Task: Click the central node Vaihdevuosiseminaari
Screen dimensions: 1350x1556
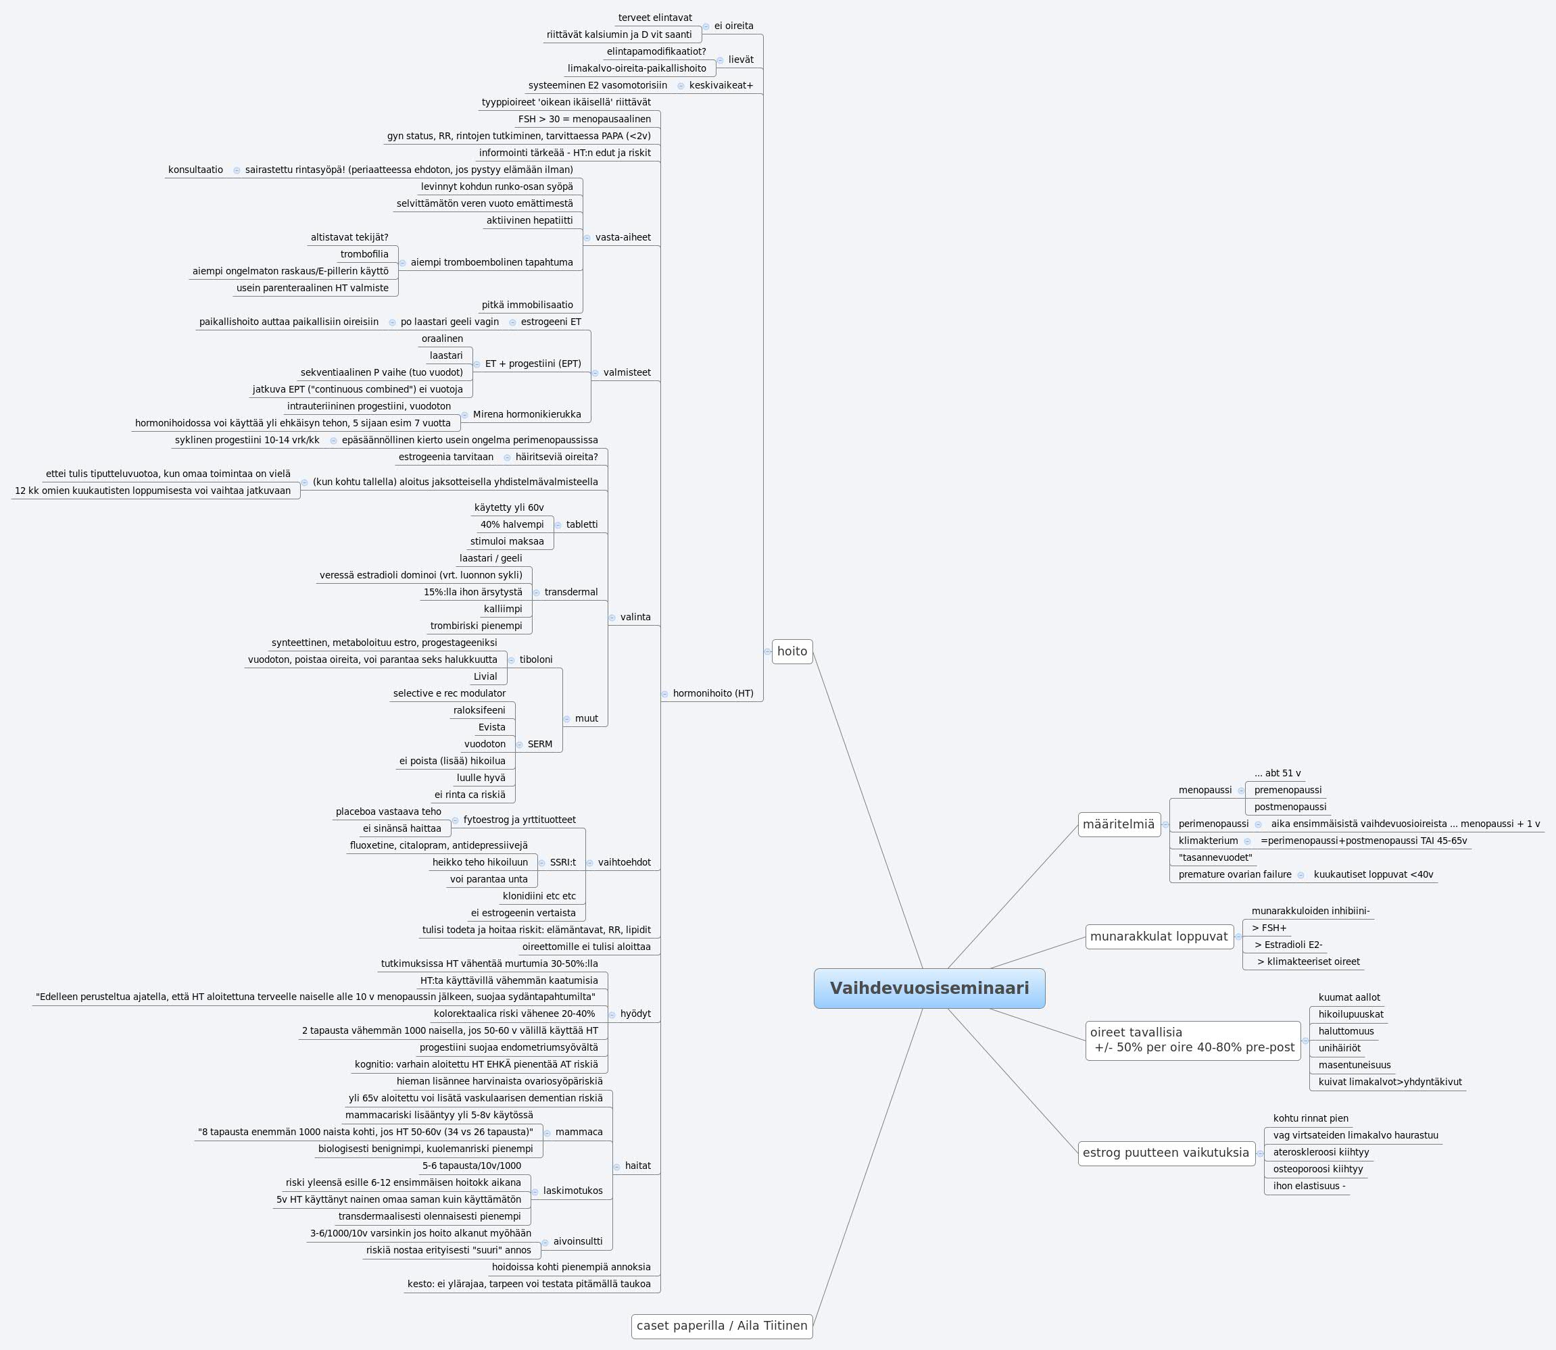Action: [x=929, y=989]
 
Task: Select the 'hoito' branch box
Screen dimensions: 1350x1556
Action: [x=792, y=651]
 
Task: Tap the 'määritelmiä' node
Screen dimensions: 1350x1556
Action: [x=1118, y=824]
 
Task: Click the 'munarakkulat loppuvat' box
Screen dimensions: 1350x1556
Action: [x=1159, y=936]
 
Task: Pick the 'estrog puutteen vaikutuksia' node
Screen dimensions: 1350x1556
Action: [x=1166, y=1153]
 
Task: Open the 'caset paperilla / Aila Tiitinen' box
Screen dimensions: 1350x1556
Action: [x=722, y=1325]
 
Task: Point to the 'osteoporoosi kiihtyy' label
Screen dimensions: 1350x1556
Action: [x=1318, y=1169]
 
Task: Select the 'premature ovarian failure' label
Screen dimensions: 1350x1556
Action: [x=1234, y=874]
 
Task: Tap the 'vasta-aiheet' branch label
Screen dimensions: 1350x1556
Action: [x=623, y=237]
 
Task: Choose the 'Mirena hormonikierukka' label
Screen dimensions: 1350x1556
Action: [x=527, y=414]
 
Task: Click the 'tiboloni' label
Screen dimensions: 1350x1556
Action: [x=536, y=660]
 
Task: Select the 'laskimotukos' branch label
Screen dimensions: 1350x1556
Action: [x=573, y=1191]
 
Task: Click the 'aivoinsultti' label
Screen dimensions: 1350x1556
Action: [x=577, y=1241]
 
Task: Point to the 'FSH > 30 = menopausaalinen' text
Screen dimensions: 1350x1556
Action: [x=584, y=119]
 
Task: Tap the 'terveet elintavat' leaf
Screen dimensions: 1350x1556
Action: [x=655, y=18]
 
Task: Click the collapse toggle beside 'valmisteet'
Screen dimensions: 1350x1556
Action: [x=595, y=373]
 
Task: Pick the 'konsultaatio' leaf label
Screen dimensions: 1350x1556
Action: [x=195, y=170]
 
